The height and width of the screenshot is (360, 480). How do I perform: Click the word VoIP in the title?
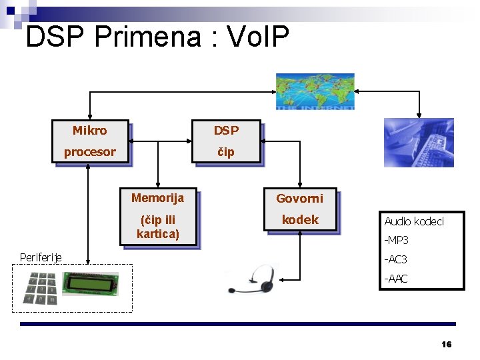coord(258,37)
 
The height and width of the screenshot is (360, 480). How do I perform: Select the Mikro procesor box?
coord(90,141)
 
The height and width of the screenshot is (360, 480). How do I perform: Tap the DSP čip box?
coord(226,141)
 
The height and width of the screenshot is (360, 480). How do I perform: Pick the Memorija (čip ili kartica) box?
coord(158,216)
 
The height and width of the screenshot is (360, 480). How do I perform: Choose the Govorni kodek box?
coord(300,209)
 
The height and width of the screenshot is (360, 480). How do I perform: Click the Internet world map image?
coord(315,90)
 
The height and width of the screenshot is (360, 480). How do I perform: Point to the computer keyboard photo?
coord(419,142)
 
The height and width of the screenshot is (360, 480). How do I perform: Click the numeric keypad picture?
coord(39,288)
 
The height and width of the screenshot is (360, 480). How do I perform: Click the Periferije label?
coord(41,257)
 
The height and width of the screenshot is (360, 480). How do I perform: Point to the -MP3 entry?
coord(396,240)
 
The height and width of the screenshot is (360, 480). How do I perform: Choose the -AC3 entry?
coord(395,259)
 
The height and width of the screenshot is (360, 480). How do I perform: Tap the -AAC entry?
coord(395,279)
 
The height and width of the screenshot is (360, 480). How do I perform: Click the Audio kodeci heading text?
coord(413,221)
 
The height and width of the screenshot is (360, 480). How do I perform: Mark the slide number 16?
coord(447,344)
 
